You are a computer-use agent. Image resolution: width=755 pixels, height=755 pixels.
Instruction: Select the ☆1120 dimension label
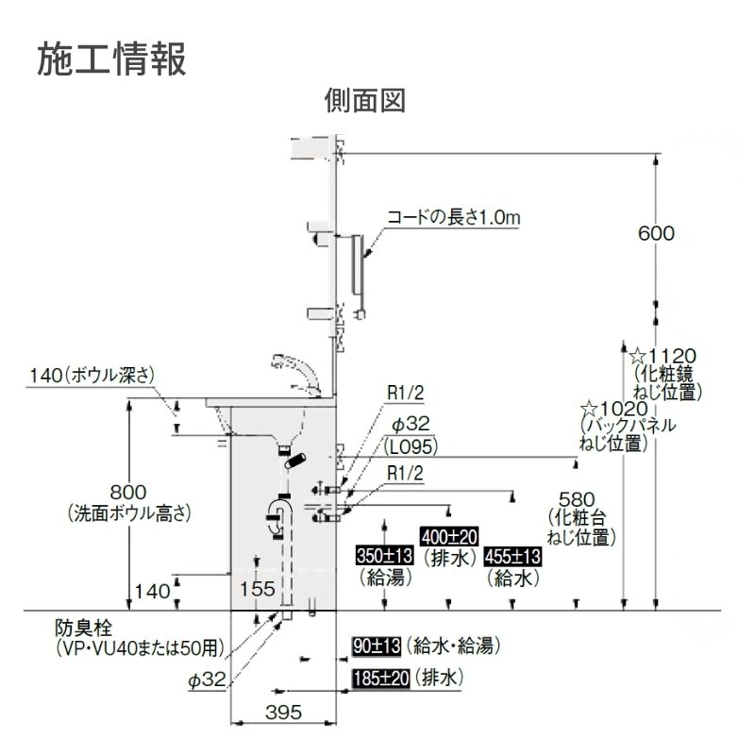click(663, 356)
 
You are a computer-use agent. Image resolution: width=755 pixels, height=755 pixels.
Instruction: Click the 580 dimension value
click(577, 498)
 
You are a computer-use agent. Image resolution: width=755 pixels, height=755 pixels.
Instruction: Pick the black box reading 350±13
click(385, 557)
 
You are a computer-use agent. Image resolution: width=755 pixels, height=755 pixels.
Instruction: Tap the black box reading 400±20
click(449, 536)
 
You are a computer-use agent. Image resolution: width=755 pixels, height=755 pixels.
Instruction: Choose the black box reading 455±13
click(512, 557)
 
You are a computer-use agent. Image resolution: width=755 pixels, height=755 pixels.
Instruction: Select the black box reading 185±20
click(380, 678)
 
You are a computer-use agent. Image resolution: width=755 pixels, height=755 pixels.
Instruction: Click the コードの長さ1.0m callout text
click(453, 218)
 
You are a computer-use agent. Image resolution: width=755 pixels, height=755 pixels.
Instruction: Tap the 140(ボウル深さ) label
click(91, 376)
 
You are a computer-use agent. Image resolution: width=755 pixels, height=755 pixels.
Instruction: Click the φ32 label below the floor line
click(205, 679)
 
